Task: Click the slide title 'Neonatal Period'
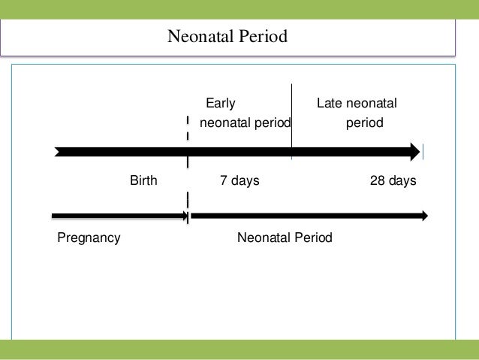click(x=227, y=36)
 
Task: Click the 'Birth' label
click(x=143, y=181)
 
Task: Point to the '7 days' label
click(x=239, y=181)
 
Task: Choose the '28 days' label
click(x=393, y=181)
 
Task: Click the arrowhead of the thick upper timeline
click(x=415, y=152)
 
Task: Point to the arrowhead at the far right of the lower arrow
click(x=425, y=216)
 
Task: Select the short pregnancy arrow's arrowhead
click(x=184, y=216)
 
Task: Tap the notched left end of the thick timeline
click(x=59, y=152)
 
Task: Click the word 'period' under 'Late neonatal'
click(x=364, y=122)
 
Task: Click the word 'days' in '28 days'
click(x=402, y=181)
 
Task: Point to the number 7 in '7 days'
click(x=223, y=181)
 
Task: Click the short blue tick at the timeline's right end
click(x=423, y=152)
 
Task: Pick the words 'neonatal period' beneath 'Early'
click(x=245, y=122)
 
